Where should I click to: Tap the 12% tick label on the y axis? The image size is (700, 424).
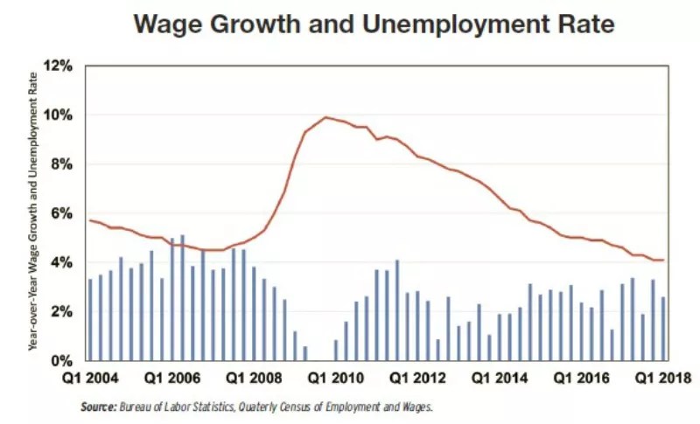[x=64, y=66]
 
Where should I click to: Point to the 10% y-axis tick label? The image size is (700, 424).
[x=64, y=115]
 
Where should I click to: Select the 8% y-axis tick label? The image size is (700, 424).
[x=67, y=164]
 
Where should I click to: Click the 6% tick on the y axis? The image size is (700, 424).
[x=67, y=213]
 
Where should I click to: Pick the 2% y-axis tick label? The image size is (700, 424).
[x=67, y=312]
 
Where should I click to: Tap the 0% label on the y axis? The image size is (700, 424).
[x=67, y=361]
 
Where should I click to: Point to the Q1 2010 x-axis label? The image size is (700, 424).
[x=334, y=379]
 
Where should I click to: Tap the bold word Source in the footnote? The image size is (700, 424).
[x=97, y=407]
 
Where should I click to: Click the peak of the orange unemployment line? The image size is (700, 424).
[x=325, y=117]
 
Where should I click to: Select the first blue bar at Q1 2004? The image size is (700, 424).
[x=90, y=320]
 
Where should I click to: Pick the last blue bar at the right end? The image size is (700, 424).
[x=662, y=329]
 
